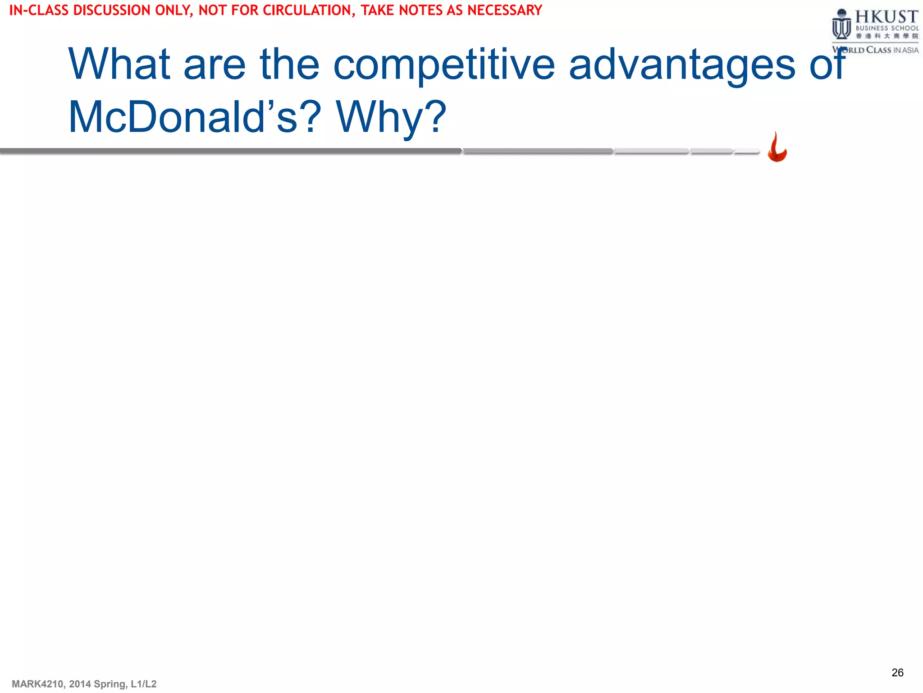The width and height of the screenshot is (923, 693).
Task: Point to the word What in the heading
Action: pos(119,65)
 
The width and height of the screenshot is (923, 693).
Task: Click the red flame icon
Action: pos(777,148)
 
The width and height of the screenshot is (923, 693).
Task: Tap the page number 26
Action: pos(897,673)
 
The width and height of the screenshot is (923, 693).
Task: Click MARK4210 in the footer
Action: pos(38,684)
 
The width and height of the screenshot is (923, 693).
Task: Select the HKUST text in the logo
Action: pos(886,17)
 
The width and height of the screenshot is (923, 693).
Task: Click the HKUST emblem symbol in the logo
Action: pos(841,25)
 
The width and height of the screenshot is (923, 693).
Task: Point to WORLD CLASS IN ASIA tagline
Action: pos(875,50)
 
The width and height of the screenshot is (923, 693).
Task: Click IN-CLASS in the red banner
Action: pos(39,10)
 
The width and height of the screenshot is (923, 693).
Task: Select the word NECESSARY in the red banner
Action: pos(504,10)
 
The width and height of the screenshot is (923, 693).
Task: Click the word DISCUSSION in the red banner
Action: pos(111,10)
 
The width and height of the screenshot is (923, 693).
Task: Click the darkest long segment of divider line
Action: pos(230,151)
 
